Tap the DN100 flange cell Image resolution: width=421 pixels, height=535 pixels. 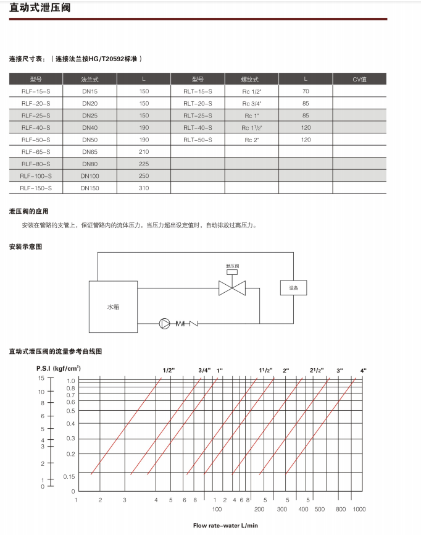90,176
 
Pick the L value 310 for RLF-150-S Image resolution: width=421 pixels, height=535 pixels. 144,188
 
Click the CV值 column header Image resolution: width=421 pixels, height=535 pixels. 359,79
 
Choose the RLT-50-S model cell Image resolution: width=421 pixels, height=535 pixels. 198,140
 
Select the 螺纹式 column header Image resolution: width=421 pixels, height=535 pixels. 251,79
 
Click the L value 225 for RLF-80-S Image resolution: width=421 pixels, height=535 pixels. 144,164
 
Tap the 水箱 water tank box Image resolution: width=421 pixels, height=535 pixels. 112,306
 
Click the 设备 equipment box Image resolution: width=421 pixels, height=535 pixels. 293,288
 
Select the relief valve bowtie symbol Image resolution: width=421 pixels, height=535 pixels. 232,288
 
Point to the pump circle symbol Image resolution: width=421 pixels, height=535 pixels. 165,323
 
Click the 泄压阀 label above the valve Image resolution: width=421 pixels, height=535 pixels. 232,266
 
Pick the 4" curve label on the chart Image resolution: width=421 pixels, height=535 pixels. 363,370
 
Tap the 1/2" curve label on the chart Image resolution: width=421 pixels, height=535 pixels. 169,370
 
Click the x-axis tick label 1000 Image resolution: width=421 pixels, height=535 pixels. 359,509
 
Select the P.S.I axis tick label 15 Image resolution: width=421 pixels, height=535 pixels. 41,377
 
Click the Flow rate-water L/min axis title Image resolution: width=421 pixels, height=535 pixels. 225,525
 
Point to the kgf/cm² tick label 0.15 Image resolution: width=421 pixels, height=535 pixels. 69,475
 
